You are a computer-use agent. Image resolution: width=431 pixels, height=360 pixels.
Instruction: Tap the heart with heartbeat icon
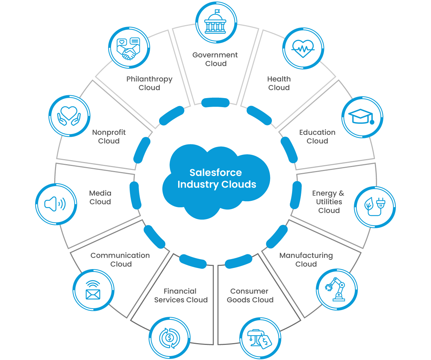(303, 49)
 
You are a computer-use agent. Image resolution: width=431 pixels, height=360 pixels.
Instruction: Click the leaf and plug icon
(375, 207)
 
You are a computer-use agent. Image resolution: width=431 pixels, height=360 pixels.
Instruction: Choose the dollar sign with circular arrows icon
(169, 338)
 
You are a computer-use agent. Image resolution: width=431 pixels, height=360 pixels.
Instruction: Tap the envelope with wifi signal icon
(93, 290)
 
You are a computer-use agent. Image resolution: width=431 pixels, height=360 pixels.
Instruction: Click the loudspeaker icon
(56, 204)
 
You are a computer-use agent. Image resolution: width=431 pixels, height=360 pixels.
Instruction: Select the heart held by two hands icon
(68, 115)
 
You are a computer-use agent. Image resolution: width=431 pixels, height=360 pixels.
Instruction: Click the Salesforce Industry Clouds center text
(217, 179)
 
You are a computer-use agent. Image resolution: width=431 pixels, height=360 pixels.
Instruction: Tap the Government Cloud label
(215, 59)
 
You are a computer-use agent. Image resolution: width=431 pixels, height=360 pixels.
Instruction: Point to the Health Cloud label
(279, 83)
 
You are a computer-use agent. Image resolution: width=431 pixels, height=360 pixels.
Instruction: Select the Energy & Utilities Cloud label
(328, 202)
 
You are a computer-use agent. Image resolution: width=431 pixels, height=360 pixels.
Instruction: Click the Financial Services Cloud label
(181, 295)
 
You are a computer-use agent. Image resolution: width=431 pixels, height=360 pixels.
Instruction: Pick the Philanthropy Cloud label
(149, 83)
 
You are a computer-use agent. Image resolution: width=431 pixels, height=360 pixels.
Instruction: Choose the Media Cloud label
(100, 198)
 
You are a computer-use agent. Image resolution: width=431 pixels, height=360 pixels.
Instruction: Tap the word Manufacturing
(306, 255)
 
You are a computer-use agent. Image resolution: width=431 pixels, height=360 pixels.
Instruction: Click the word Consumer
(249, 291)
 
